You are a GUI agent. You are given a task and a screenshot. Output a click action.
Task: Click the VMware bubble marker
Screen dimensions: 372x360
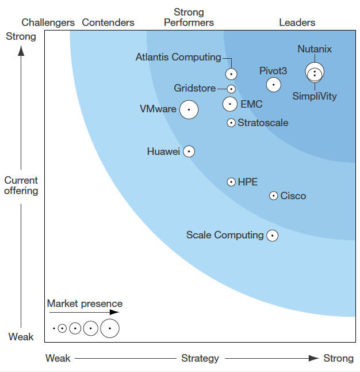(x=189, y=109)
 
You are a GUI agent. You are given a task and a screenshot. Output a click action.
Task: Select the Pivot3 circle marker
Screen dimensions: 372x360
(x=274, y=85)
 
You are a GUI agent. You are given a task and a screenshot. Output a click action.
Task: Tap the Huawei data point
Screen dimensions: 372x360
(x=189, y=151)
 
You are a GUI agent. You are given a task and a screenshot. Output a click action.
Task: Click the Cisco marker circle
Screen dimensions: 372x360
(x=274, y=196)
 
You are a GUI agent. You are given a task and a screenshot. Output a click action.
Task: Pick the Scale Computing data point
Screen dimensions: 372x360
(x=272, y=235)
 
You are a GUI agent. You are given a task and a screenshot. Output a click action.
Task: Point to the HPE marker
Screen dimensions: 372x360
(x=231, y=182)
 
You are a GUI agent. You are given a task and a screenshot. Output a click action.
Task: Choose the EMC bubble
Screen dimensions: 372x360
(x=230, y=104)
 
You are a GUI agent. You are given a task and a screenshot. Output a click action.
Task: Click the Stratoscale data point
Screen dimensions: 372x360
(x=231, y=123)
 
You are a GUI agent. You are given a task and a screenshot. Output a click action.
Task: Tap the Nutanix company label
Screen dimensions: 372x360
(x=315, y=49)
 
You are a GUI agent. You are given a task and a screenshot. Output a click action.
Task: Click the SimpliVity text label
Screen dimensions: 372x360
(x=314, y=96)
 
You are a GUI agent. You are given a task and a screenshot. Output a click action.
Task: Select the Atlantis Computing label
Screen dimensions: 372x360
(x=178, y=57)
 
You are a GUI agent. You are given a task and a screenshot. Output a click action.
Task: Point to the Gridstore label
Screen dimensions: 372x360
(x=195, y=88)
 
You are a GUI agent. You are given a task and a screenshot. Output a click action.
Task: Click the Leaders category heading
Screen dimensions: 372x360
(x=297, y=22)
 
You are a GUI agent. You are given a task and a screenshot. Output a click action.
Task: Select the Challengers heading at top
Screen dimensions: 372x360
(x=48, y=22)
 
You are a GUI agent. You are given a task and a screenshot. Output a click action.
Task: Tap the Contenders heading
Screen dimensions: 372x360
(x=108, y=22)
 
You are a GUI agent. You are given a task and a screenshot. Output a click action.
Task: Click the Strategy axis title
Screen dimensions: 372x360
(x=200, y=358)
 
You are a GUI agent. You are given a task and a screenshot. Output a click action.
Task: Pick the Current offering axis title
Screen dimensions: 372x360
(x=21, y=185)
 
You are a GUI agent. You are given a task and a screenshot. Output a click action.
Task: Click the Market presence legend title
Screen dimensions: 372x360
(x=85, y=303)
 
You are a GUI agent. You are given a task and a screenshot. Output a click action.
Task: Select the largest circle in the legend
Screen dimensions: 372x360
(x=109, y=328)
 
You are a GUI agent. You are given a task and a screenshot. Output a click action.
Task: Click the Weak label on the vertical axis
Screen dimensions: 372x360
(x=21, y=337)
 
